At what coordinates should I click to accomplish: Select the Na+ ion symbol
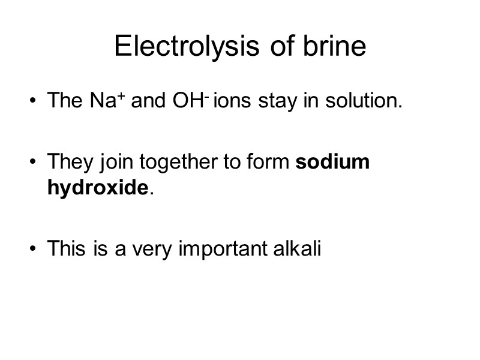point(107,100)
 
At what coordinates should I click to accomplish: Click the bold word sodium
point(333,162)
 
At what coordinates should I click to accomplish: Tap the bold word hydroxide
point(98,188)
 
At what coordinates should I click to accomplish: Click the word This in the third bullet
point(67,248)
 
